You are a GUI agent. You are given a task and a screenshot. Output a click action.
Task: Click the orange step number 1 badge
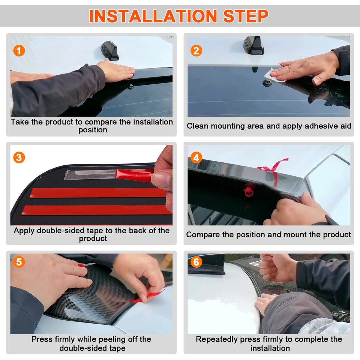19,51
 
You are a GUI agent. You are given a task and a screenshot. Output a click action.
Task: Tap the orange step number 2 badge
196,51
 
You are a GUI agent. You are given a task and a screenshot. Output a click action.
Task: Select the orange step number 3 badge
19,157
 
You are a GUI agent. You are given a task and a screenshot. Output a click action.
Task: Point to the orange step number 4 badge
196,157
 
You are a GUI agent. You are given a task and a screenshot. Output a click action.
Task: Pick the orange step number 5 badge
19,262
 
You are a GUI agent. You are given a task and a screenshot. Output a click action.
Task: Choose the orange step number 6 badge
196,262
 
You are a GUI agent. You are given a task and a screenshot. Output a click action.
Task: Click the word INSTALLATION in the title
153,16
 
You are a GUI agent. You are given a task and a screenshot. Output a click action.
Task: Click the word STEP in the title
245,16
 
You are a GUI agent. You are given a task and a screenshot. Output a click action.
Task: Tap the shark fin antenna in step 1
110,51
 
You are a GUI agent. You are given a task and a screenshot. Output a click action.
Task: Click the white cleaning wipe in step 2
273,75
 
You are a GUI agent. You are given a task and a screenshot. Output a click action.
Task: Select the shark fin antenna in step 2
253,45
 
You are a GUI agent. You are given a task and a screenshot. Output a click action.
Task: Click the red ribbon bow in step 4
273,170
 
